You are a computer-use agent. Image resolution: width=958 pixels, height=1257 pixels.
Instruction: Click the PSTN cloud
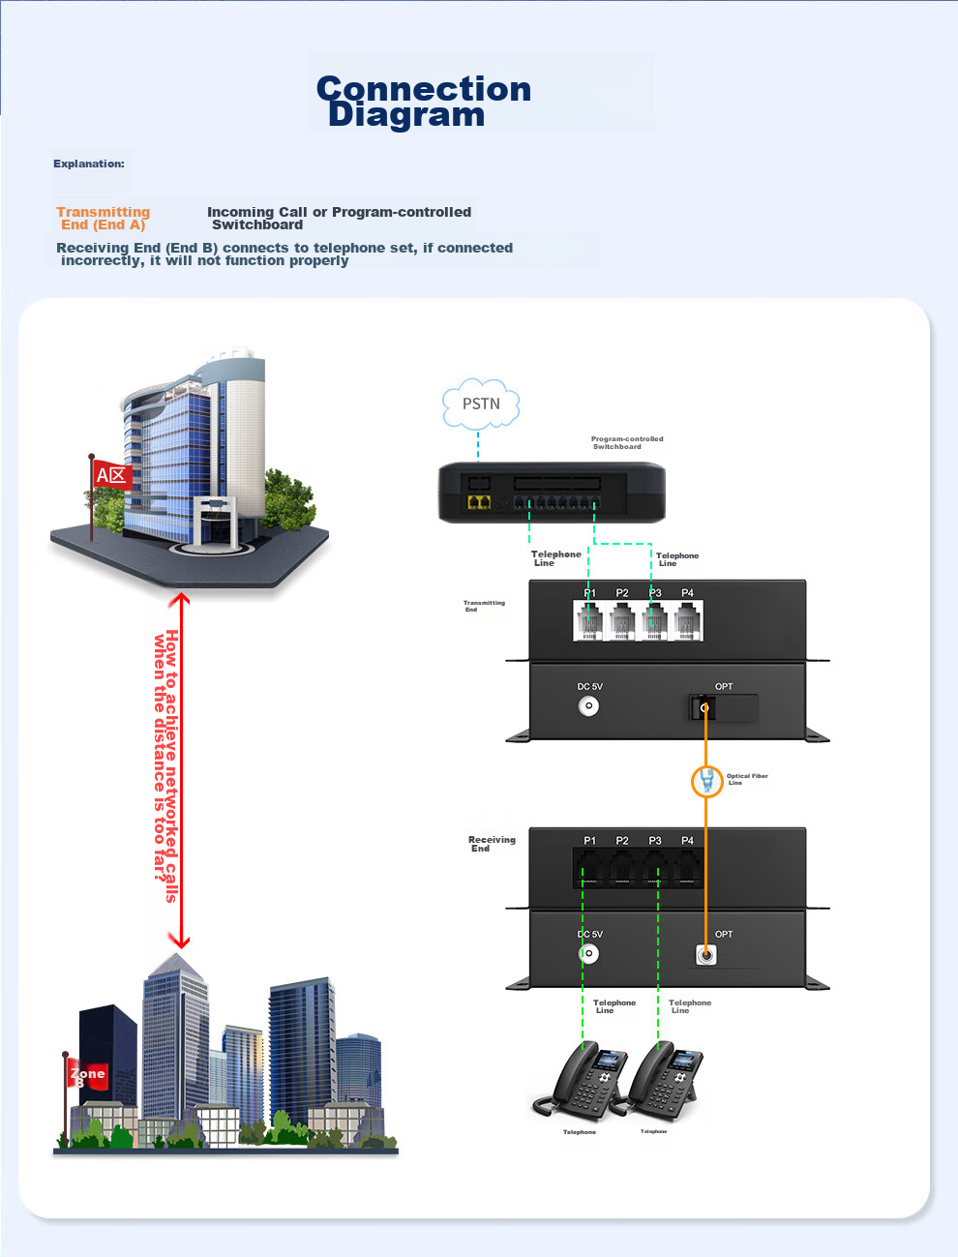481,404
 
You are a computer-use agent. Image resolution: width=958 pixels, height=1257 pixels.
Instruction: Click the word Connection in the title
424,89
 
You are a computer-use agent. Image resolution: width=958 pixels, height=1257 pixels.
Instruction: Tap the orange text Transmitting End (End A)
104,219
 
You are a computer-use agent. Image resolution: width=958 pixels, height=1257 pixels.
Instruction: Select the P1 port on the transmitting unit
588,621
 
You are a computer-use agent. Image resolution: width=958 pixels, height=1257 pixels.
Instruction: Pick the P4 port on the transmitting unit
687,621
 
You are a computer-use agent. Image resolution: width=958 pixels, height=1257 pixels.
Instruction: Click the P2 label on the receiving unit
622,841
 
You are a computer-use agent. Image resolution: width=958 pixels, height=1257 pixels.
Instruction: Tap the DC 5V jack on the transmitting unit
588,706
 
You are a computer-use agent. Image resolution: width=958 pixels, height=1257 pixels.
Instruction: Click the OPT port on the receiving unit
706,955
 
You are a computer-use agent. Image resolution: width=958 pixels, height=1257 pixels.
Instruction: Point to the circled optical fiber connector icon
707,780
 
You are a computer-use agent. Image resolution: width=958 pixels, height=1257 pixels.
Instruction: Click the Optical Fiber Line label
747,779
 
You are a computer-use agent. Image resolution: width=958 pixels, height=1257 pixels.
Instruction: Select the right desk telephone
666,1081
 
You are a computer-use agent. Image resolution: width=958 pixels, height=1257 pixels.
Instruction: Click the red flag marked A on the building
111,475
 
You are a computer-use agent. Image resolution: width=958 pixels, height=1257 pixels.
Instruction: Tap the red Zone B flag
86,1075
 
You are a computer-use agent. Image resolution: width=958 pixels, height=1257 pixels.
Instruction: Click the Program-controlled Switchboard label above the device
627,442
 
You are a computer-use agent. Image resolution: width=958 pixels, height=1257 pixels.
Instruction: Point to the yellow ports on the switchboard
479,502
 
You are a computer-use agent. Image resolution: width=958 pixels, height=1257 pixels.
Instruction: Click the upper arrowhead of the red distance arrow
179,600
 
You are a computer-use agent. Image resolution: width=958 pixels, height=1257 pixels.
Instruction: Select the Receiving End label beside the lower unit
492,844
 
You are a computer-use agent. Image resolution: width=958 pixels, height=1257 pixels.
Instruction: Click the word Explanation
89,164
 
